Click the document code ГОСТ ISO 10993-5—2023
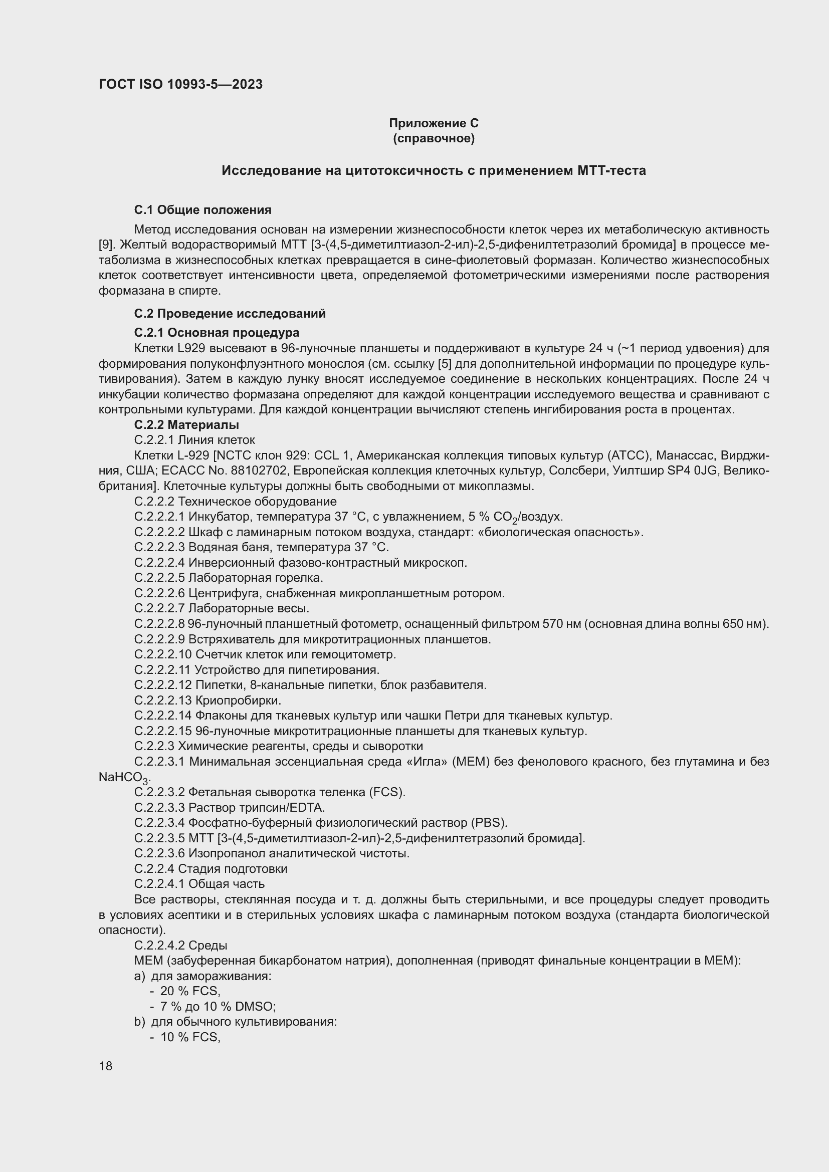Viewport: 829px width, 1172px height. coord(180,84)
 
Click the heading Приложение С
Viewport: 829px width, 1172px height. coord(434,123)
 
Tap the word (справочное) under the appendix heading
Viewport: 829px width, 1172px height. coord(434,138)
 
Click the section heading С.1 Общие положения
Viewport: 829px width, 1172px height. coord(202,210)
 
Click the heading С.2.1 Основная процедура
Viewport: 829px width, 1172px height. coord(217,333)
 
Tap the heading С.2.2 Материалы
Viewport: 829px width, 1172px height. coord(186,425)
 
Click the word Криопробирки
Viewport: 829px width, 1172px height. coord(238,700)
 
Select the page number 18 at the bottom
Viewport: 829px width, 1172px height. coord(106,1066)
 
